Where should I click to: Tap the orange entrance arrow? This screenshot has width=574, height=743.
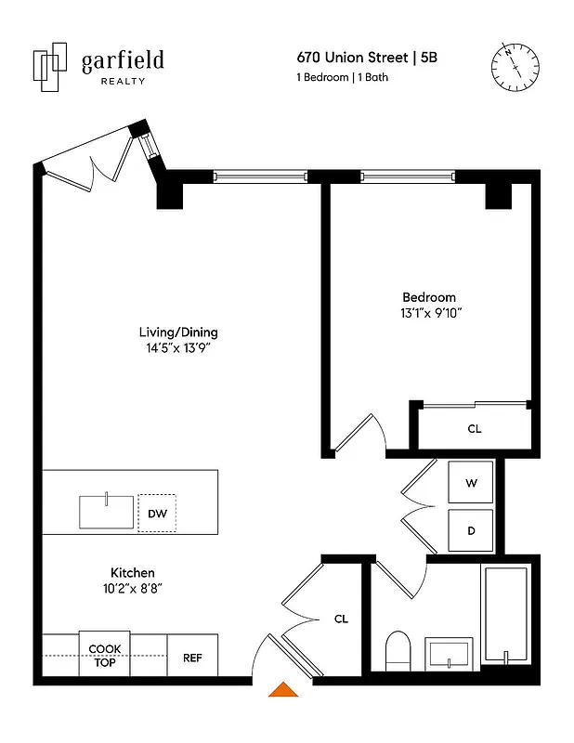point(282,689)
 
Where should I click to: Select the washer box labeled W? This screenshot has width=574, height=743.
point(472,483)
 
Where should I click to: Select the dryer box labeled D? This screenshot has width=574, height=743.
point(472,531)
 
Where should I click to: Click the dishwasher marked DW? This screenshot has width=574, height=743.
point(157,513)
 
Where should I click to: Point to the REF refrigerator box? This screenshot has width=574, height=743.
point(192,658)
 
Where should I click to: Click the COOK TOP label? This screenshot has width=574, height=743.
point(104,656)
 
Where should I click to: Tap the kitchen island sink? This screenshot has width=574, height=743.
point(106,512)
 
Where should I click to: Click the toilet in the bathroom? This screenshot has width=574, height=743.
point(398,649)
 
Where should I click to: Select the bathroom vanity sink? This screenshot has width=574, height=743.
point(450,653)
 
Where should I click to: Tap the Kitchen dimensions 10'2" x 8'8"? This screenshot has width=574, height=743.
point(133,588)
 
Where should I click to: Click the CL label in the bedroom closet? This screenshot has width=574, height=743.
point(474,429)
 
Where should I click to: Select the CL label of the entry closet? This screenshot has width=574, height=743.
point(341,619)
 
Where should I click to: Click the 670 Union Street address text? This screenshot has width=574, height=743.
point(353,58)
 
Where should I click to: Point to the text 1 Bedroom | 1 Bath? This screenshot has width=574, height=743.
point(342,78)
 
